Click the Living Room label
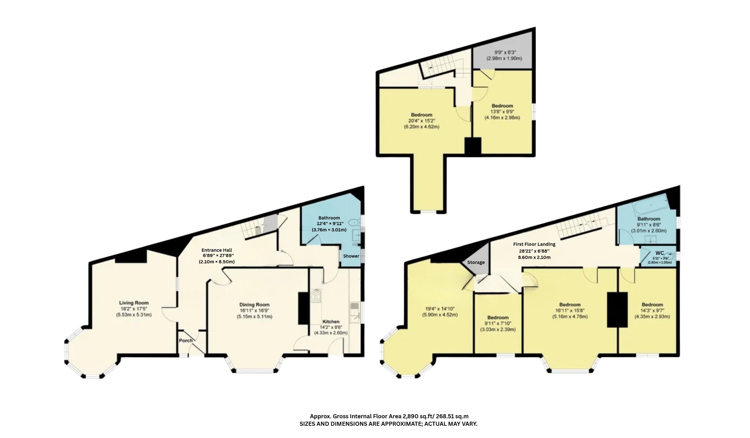(x=134, y=303)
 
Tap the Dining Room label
(x=254, y=305)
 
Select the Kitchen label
(x=331, y=322)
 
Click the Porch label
(x=186, y=341)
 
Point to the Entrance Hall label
(x=217, y=250)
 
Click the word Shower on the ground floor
(x=351, y=256)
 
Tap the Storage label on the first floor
(x=476, y=262)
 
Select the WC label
(x=660, y=253)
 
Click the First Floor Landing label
(x=534, y=244)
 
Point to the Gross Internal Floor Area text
(x=389, y=416)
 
